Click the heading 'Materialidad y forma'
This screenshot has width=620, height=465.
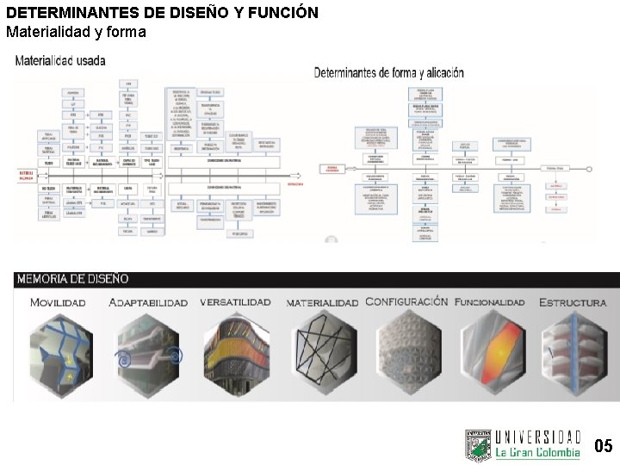click(x=76, y=32)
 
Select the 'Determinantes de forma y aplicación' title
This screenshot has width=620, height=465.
click(x=389, y=73)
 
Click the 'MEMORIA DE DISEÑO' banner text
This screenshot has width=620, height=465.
click(x=72, y=279)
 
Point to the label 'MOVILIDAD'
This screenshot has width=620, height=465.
click(x=58, y=303)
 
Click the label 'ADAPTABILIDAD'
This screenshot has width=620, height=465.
click(x=148, y=303)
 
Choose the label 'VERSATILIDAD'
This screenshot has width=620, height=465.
click(x=235, y=302)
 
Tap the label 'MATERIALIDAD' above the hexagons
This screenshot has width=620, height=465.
click(x=322, y=303)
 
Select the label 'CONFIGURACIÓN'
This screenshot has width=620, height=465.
click(x=406, y=301)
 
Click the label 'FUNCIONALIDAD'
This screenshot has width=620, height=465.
click(x=489, y=302)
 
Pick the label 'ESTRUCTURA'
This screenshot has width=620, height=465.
click(x=573, y=303)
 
